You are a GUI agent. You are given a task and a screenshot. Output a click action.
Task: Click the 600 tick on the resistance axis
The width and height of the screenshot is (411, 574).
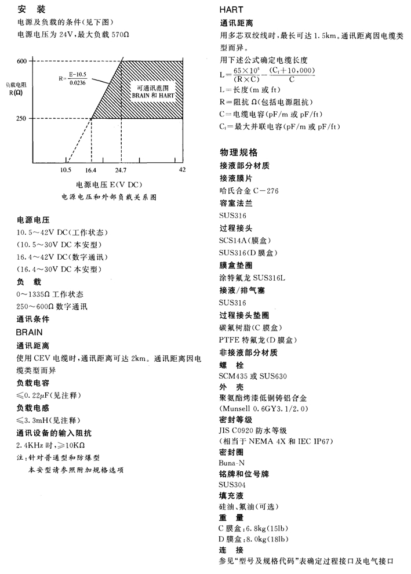click(22, 61)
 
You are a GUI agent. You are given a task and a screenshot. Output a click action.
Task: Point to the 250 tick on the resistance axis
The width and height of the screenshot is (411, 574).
click(22, 119)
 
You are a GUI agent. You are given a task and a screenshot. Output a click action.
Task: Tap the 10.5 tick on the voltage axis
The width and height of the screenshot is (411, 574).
click(66, 170)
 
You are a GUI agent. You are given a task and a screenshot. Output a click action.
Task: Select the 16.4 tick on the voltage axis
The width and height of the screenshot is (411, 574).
click(90, 170)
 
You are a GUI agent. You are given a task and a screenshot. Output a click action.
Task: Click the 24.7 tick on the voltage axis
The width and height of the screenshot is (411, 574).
click(121, 170)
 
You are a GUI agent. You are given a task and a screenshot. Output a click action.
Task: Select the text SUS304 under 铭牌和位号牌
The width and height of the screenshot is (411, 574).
click(232, 485)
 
